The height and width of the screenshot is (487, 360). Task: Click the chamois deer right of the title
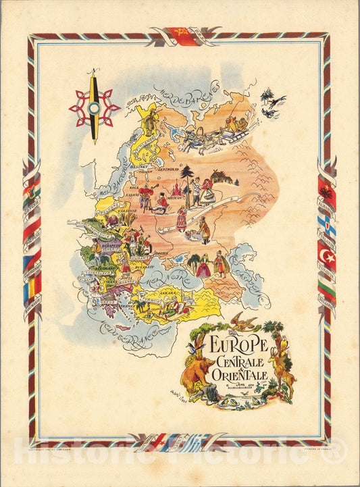pos(283,371)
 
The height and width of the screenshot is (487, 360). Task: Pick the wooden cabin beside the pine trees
pos(224,177)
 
